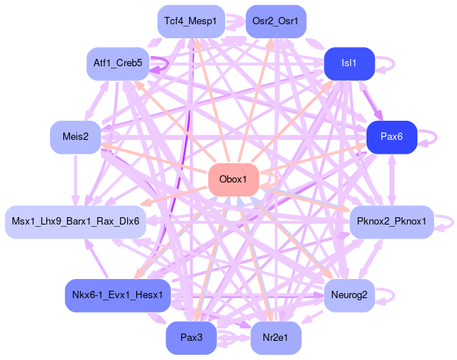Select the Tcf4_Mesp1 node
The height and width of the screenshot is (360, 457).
tap(190, 21)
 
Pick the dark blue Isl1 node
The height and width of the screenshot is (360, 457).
tap(350, 63)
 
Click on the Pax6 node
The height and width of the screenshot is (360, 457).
tap(391, 137)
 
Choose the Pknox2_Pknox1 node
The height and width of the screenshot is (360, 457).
tap(391, 222)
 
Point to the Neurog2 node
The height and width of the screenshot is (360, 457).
tap(350, 295)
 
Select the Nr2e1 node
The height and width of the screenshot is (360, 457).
tap(275, 338)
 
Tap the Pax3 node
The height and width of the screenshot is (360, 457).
tap(191, 338)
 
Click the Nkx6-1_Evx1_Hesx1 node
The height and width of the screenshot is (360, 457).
tap(118, 295)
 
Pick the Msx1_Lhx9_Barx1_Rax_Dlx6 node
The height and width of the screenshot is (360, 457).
tap(76, 222)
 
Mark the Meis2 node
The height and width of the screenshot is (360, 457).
tap(76, 137)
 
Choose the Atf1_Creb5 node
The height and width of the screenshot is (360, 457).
tap(118, 63)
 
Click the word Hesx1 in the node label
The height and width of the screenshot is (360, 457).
tap(150, 295)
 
